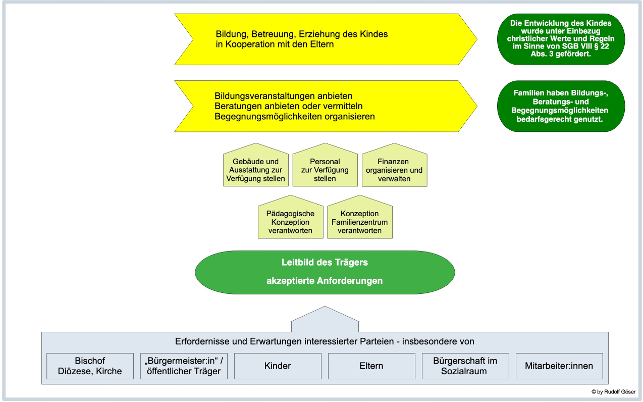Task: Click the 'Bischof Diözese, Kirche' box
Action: coord(90,366)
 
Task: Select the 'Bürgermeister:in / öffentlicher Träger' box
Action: coord(184,366)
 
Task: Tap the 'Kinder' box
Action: coord(278,366)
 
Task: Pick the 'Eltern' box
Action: coord(371,366)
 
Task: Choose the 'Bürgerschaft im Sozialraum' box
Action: coord(465,366)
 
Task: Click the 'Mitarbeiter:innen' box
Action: coord(559,366)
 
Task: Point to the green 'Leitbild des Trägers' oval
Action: coord(325,273)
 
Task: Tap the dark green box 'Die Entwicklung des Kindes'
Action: coord(560,39)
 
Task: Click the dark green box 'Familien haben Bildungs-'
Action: coord(560,106)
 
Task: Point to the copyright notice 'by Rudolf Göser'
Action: coord(613,392)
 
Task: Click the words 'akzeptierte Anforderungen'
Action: coord(325,281)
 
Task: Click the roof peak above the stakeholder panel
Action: coord(325,309)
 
